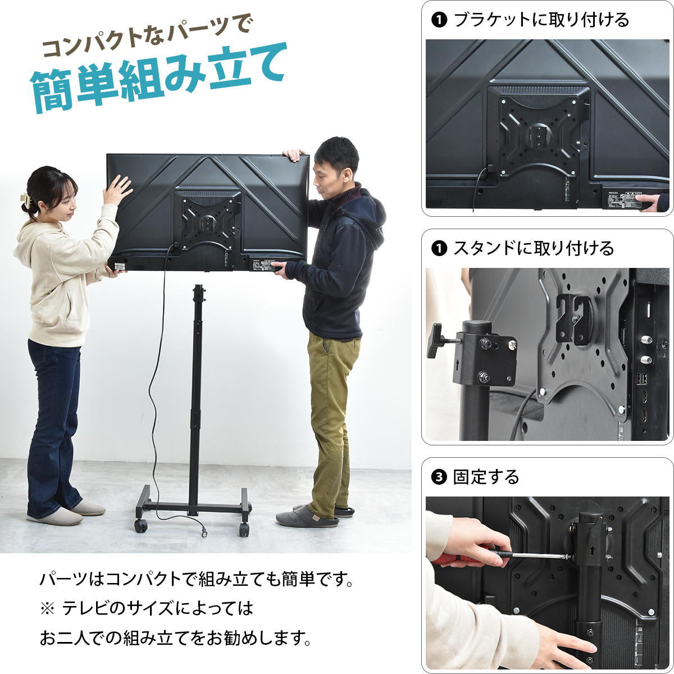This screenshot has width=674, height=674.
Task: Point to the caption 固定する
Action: point(486,477)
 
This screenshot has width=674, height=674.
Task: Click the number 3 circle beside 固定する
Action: point(439,477)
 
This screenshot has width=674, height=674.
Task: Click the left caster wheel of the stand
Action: point(141,526)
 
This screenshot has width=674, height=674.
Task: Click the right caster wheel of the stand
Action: point(244,529)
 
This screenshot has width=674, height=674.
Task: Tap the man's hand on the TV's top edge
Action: point(294,155)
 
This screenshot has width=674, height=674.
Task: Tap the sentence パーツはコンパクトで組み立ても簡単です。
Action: point(197,579)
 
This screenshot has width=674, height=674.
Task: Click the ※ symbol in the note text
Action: point(45,608)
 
